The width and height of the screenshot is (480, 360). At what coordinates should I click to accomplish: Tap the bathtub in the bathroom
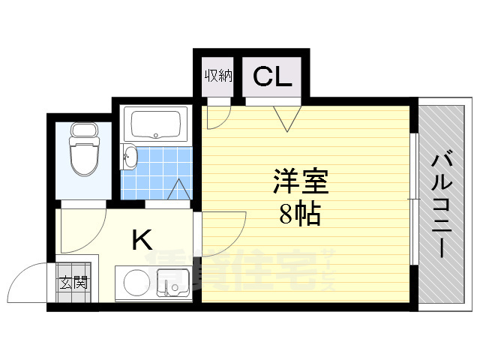pos(156,124)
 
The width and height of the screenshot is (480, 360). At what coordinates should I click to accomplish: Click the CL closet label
pos(271,76)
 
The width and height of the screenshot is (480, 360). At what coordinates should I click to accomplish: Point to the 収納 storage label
pos(218,76)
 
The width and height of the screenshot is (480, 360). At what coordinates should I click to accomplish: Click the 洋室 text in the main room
pos(300,184)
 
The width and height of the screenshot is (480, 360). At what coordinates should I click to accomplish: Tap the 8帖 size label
pos(300,215)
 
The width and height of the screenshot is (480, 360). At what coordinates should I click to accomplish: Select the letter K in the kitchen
pos(142,240)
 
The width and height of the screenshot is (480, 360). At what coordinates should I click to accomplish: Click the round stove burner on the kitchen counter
pos(136,283)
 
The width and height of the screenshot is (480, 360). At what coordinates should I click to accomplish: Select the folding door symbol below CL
pos(286,117)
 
